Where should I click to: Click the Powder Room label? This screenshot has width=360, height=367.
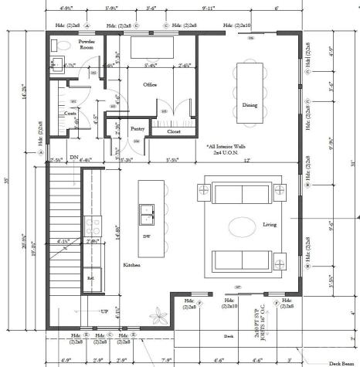pos(87,43)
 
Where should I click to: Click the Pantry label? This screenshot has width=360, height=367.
pos(138,128)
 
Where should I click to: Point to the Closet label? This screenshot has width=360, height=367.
pos(174,131)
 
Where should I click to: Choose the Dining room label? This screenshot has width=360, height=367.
pos(249,105)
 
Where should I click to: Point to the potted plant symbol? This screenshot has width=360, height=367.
pos(161,315)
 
